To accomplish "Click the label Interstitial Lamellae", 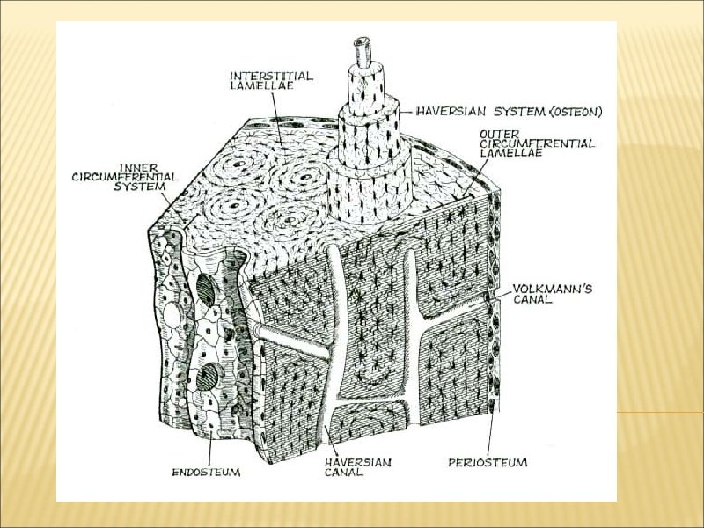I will pyautogui.click(x=271, y=81).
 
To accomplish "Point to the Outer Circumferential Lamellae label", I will pyautogui.click(x=536, y=143).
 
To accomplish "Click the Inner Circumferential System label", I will pyautogui.click(x=124, y=175).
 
